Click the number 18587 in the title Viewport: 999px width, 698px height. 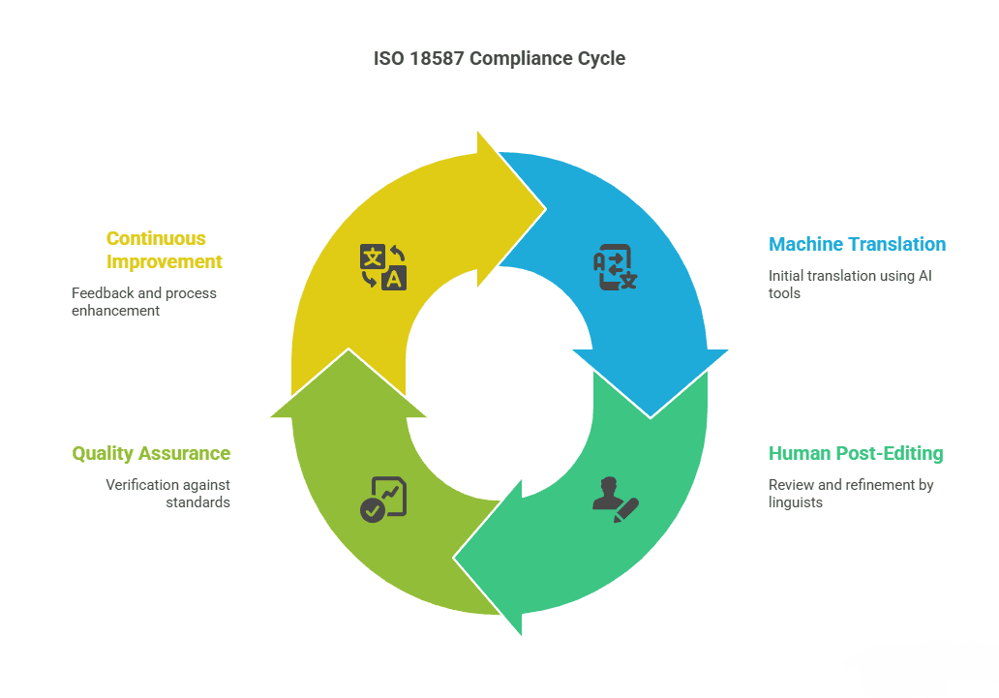[437, 59]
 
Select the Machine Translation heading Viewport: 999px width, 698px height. [857, 244]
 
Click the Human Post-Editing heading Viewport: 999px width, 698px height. [856, 453]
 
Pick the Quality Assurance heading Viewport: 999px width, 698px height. [151, 453]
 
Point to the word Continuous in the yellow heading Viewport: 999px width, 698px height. [156, 238]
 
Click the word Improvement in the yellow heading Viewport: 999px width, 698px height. [165, 262]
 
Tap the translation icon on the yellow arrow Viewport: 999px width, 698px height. [383, 266]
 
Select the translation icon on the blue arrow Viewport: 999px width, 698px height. [615, 266]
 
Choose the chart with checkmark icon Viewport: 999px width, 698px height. [383, 500]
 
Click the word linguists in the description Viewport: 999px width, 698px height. [795, 502]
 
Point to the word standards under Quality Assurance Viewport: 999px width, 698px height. [198, 502]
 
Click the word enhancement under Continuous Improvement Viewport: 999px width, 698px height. [115, 311]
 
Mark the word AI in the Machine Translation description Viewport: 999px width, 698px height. [924, 276]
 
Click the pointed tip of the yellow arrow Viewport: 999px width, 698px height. [546, 208]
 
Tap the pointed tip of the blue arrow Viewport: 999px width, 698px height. [651, 418]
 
